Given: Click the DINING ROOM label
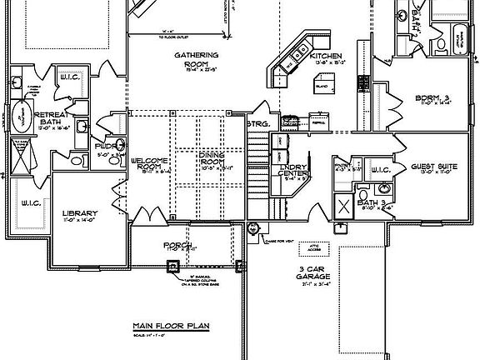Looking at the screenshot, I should (213, 158).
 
